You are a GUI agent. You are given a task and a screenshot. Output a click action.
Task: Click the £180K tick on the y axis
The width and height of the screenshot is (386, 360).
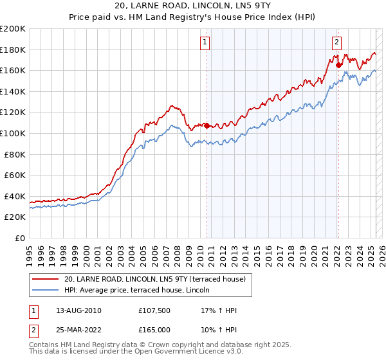[13, 50]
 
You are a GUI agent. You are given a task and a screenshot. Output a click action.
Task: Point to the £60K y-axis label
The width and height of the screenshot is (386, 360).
[15, 175]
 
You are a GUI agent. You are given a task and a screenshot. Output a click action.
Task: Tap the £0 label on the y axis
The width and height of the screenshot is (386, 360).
[19, 238]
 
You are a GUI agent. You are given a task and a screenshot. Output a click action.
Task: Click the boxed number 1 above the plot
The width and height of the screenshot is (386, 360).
[205, 43]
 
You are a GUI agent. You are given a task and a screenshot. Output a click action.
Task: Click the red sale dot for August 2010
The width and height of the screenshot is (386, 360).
[207, 125]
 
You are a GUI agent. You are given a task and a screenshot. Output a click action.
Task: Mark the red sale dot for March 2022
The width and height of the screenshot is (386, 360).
[338, 65]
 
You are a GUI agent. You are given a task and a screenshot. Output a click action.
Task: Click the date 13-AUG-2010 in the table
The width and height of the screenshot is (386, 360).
[78, 310]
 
